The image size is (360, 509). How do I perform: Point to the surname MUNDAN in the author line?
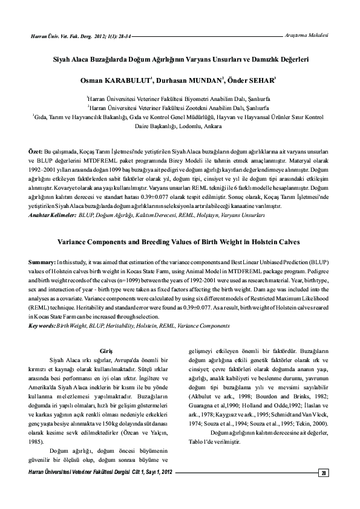coord(200,80)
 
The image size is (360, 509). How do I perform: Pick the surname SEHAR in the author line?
coord(259,80)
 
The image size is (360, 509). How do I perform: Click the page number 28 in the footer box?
coord(324,473)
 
